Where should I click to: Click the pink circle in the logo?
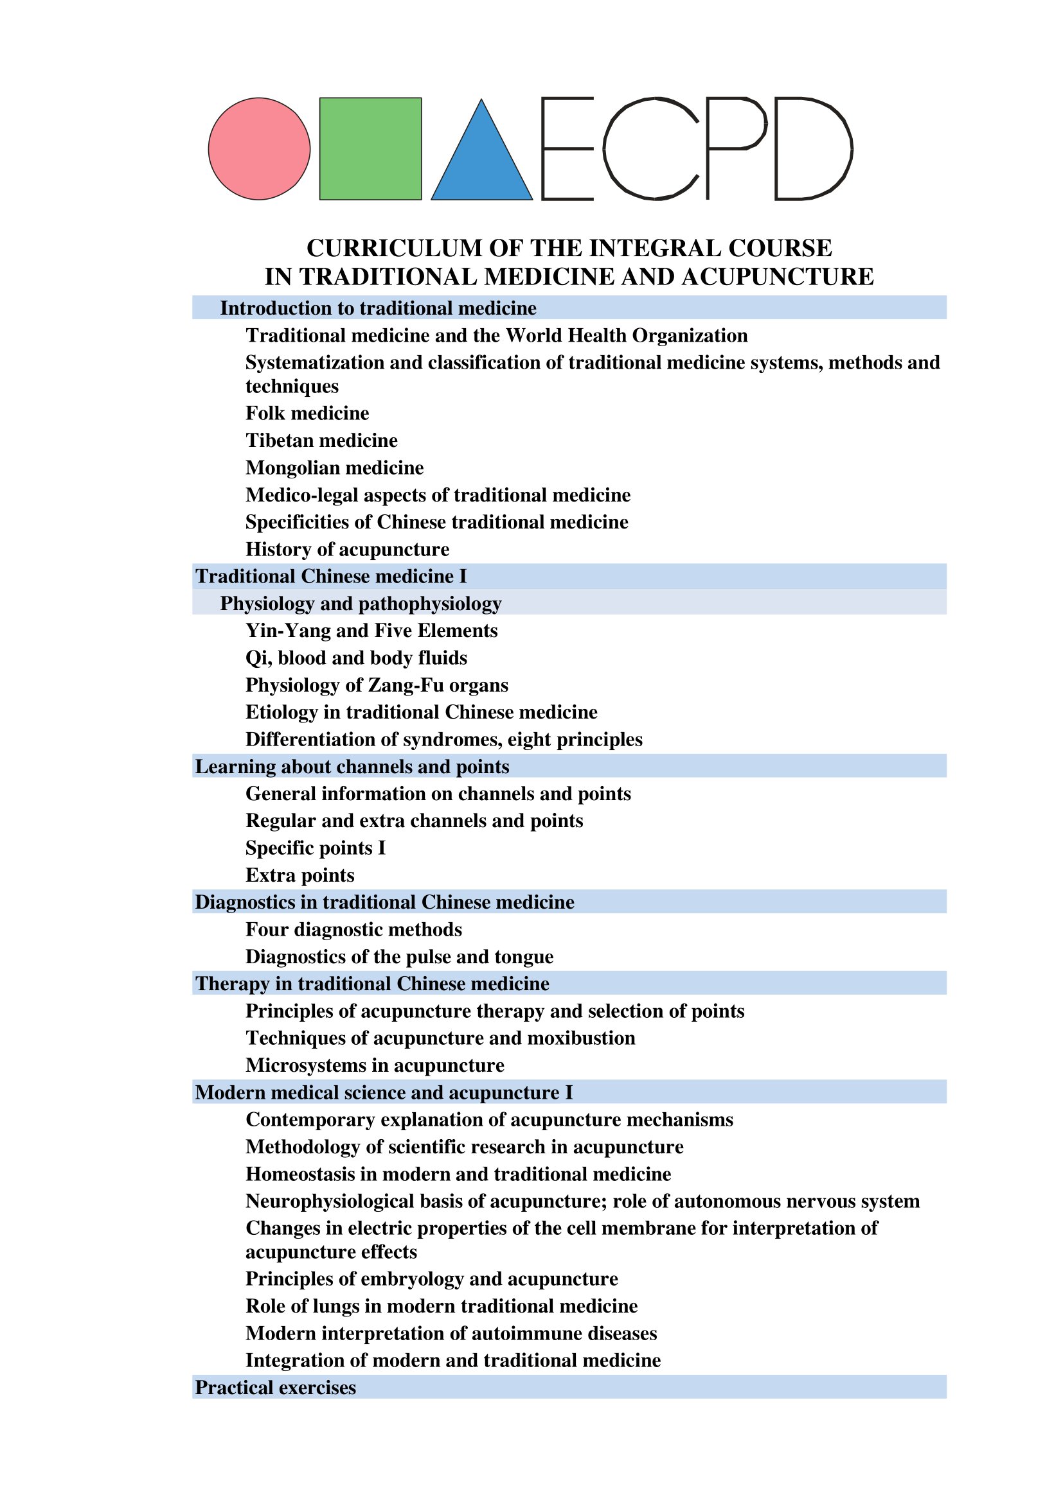pos(259,148)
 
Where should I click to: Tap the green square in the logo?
pos(370,148)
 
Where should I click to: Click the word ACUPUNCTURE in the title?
pos(777,277)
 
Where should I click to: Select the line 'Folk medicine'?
pos(307,414)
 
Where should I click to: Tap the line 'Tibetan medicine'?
pos(321,441)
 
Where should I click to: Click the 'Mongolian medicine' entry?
pos(334,468)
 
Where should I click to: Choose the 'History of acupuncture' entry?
pos(348,550)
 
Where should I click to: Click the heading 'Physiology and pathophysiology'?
pos(361,604)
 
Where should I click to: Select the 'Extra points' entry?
pos(299,875)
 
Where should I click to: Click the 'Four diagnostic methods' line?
pos(353,930)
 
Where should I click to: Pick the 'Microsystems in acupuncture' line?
pos(375,1066)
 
